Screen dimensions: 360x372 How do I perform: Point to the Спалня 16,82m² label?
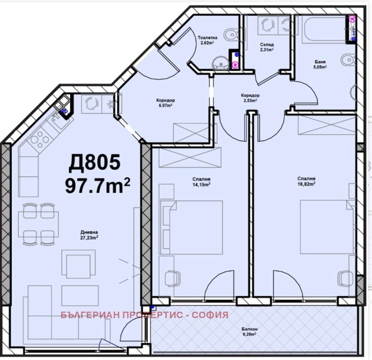coord(306,181)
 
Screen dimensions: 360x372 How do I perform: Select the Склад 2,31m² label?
coord(266,47)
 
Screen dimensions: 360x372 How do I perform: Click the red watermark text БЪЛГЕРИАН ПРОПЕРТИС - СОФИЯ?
coord(144,315)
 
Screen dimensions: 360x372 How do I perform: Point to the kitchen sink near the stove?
coord(57,120)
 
